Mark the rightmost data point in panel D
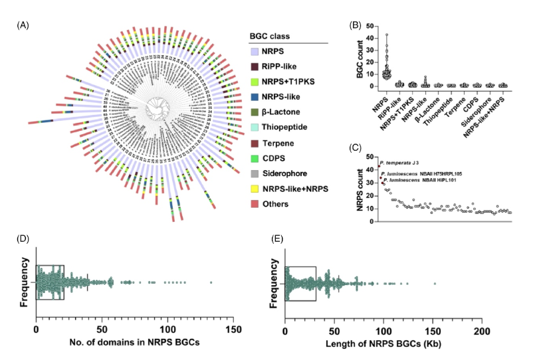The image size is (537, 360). pos(211,284)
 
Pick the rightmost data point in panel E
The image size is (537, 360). pos(435,284)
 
